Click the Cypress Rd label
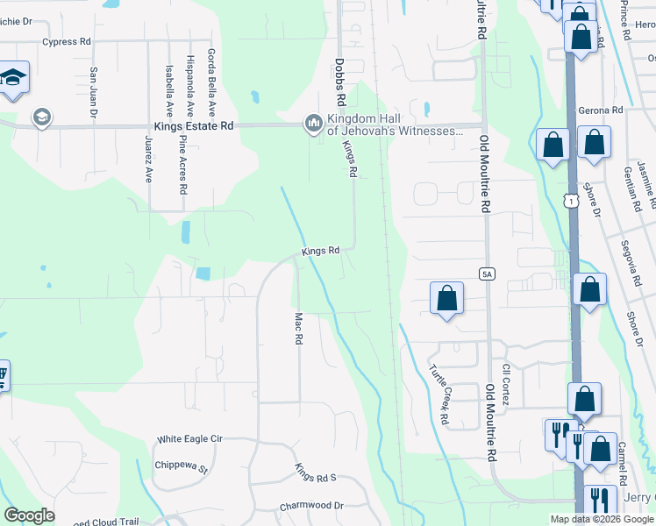click(x=66, y=41)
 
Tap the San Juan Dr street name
click(x=93, y=91)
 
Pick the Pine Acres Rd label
click(x=182, y=164)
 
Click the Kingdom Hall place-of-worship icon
click(x=313, y=124)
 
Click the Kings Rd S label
click(x=315, y=473)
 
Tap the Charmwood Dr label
click(x=311, y=506)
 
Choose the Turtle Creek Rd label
click(x=438, y=395)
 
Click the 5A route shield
click(x=488, y=274)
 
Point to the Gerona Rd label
click(x=600, y=111)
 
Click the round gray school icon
click(x=41, y=117)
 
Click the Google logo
click(x=30, y=515)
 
